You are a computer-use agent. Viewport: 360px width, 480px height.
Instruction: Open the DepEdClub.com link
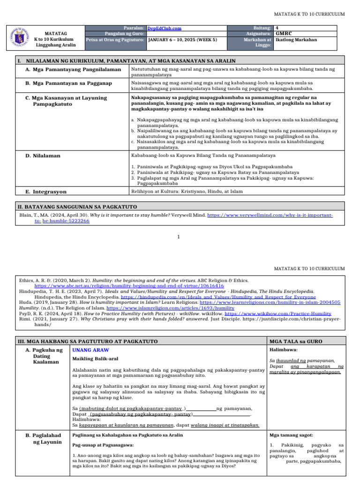(x=164, y=29)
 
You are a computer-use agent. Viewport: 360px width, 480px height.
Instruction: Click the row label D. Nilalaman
(x=43, y=155)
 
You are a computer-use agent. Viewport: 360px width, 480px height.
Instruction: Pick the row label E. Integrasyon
(x=46, y=192)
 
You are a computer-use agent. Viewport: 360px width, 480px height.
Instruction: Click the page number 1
(x=179, y=237)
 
